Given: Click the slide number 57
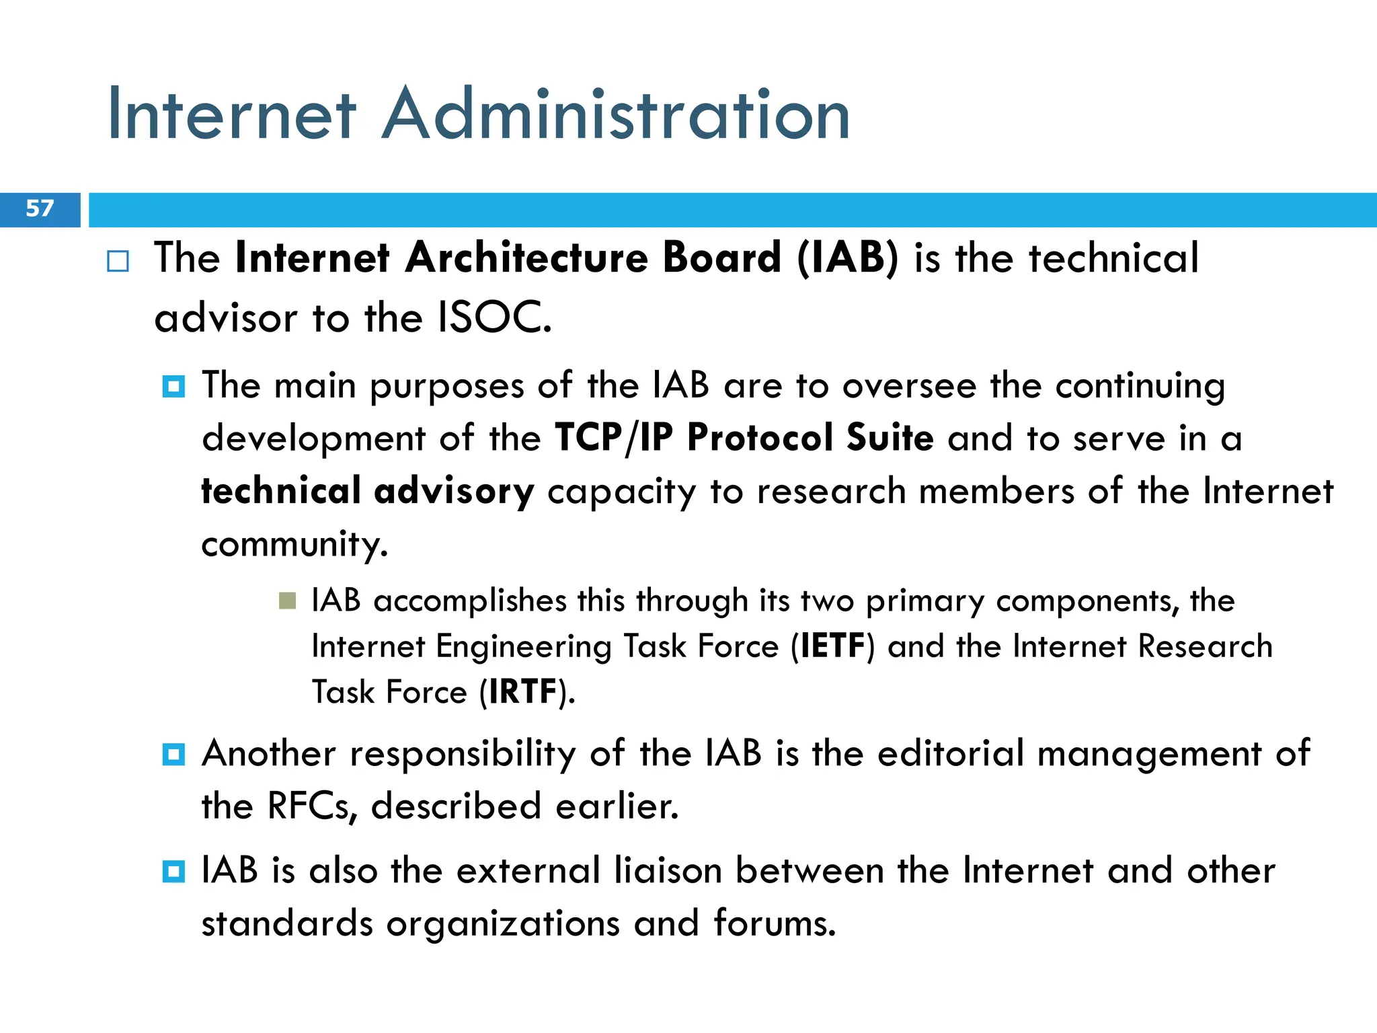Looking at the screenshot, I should point(39,208).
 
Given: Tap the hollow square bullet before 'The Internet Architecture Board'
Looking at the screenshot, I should point(118,261).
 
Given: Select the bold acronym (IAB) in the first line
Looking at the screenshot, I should point(847,258).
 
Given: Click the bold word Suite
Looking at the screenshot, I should point(890,438).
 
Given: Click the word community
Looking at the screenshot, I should point(294,543).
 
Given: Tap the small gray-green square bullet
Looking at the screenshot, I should point(287,601).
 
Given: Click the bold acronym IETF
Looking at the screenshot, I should point(832,646).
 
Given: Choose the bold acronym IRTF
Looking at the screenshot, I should point(523,692).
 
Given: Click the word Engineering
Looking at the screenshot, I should point(524,648).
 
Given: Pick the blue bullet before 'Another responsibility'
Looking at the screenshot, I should point(173,755).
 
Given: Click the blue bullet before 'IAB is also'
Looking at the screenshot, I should point(173,872).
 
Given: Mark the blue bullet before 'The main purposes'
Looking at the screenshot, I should point(173,387).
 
